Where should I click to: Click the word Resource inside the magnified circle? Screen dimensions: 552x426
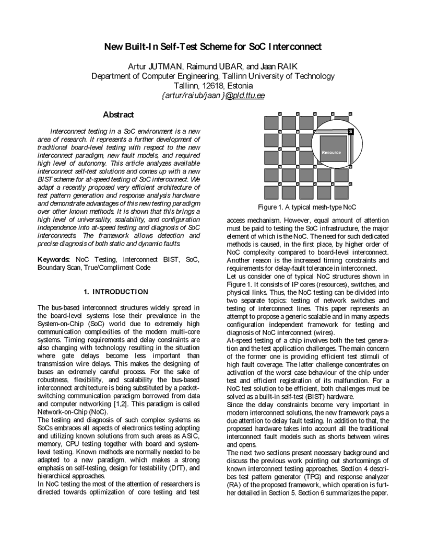click(331, 153)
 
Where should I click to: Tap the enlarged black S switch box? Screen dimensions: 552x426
click(350, 131)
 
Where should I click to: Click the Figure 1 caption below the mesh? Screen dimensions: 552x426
click(310, 207)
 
